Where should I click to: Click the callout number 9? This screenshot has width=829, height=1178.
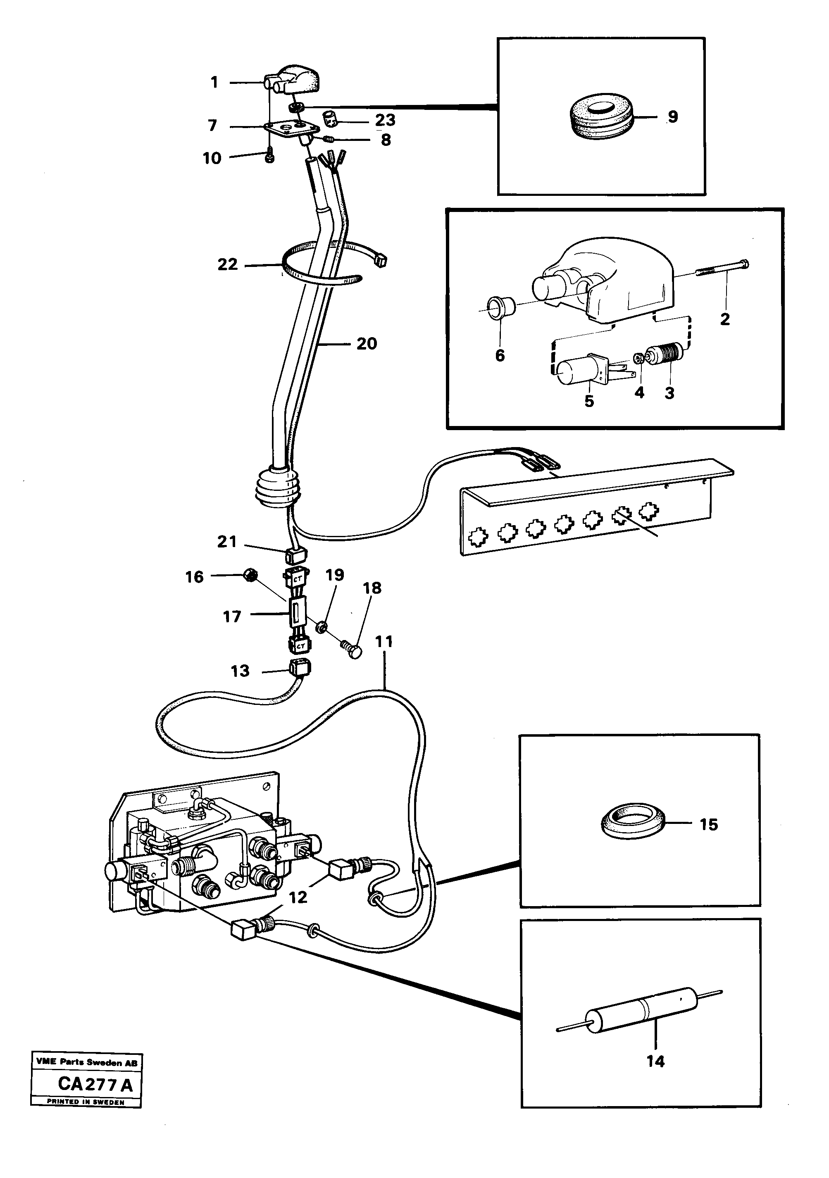coord(672,117)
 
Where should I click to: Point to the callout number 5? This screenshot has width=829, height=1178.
coord(589,401)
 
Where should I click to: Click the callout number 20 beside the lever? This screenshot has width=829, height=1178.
coord(367,343)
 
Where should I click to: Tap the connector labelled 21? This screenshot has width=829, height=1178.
coord(295,554)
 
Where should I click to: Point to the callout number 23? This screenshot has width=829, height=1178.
coord(385,119)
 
